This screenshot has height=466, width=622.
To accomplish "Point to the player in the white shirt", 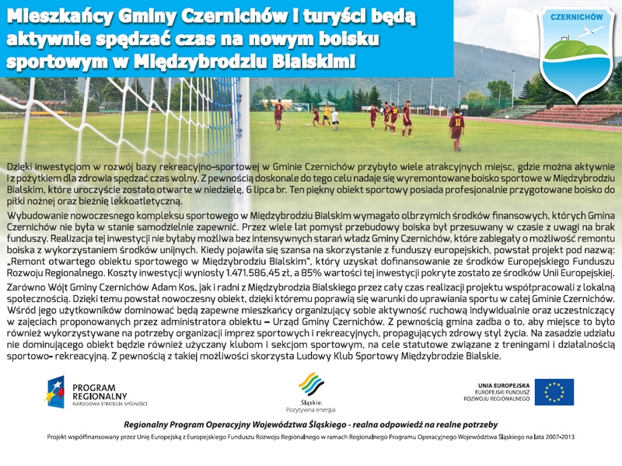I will click(335, 117).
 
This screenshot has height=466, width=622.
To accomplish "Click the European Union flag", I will click(554, 392).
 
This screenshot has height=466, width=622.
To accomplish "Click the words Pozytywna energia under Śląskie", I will click(311, 409).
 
